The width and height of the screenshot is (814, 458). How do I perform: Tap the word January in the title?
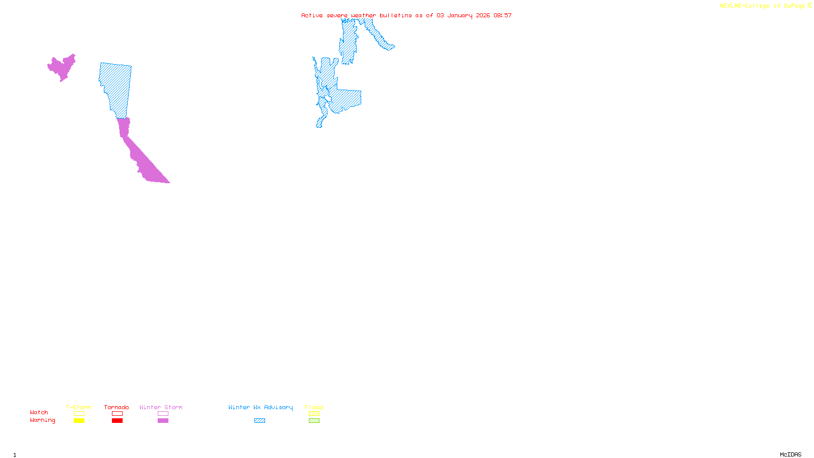coord(459,15)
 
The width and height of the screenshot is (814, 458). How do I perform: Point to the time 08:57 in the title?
coord(502,15)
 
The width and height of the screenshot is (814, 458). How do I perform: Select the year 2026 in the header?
coord(483,15)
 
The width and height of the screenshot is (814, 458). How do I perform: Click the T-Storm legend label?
coord(78,407)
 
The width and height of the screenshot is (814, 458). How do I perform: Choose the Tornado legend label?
coord(117,407)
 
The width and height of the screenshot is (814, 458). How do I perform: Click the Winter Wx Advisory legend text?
coord(260,407)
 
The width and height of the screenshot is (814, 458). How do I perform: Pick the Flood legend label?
coord(314,407)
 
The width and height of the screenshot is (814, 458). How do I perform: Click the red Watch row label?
coord(39,412)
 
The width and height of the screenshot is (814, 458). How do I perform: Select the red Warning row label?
coord(43,420)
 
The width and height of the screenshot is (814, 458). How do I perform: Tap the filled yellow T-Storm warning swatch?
coord(79,421)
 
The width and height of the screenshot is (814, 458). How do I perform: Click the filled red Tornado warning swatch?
coord(117,421)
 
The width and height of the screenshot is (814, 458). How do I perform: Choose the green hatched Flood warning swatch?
coord(314,421)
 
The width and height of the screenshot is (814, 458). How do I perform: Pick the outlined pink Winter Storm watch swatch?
coord(163,414)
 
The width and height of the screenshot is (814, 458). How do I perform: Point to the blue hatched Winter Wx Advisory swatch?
coord(259,421)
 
